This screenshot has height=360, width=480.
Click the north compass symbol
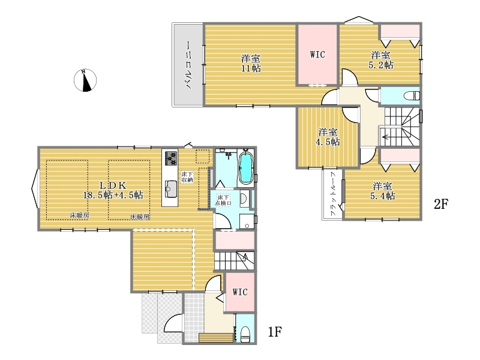(x=85, y=80)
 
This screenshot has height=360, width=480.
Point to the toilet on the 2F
(x=411, y=96)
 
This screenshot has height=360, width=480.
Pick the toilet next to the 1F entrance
(x=245, y=334)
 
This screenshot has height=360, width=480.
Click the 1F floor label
(x=275, y=332)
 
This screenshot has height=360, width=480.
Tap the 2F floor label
(x=441, y=204)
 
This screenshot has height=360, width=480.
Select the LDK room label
(x=113, y=190)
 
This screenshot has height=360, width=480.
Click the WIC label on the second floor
(x=317, y=55)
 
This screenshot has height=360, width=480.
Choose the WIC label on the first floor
(x=239, y=292)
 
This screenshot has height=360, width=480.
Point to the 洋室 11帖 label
(x=251, y=63)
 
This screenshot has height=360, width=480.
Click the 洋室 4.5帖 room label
(x=328, y=137)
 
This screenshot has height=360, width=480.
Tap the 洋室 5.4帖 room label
(x=382, y=191)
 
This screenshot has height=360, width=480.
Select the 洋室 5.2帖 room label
(x=381, y=60)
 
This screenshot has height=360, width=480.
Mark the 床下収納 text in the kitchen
(x=187, y=177)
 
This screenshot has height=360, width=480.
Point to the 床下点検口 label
(x=223, y=200)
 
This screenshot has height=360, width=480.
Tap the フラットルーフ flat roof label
(x=334, y=194)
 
